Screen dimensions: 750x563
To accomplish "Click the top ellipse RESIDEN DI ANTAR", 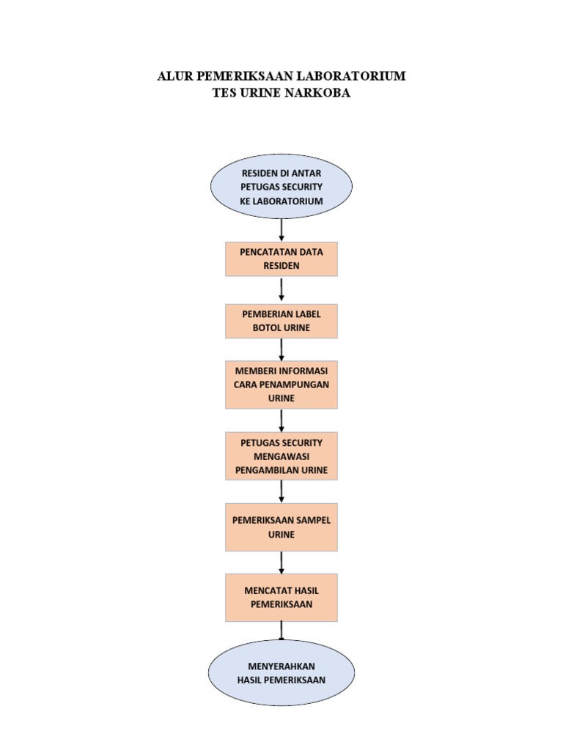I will tap(281, 187).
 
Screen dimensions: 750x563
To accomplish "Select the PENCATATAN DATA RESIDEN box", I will tap(281, 259).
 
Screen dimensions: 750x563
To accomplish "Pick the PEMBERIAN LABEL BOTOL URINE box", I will tap(281, 321).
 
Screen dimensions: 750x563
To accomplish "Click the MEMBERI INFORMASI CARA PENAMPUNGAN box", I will tap(281, 383).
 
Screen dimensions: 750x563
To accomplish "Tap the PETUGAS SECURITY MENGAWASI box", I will tap(281, 456).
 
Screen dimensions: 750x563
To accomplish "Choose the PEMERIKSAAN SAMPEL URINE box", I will tap(281, 527).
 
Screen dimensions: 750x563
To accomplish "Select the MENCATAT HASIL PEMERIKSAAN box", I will tap(281, 597).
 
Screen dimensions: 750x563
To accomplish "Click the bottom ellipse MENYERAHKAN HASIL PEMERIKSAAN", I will tap(281, 672).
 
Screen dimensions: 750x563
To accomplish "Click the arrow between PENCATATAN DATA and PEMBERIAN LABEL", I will tap(281, 290).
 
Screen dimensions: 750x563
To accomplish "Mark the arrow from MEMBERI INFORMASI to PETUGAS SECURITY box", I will tap(281, 420).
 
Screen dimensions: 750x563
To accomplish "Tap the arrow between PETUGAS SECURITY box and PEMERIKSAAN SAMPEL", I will tap(281, 491).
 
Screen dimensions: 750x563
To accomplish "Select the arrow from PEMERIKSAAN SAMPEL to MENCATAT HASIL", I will tap(281, 562).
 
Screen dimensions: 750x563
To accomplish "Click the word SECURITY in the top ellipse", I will tap(301, 187).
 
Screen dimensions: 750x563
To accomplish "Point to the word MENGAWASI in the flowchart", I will tap(281, 456).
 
